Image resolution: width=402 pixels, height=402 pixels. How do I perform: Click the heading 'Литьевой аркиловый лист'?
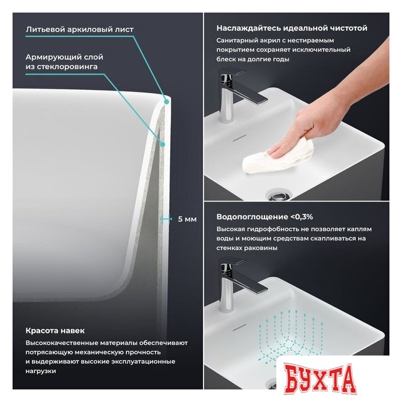(x=80, y=30)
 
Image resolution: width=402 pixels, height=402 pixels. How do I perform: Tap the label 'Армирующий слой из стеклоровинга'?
(x=64, y=62)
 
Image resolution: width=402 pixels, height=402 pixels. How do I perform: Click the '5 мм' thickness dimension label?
(x=187, y=219)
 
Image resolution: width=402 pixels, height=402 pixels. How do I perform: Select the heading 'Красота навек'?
(x=55, y=330)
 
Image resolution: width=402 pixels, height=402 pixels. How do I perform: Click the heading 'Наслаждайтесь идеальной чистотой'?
(x=291, y=28)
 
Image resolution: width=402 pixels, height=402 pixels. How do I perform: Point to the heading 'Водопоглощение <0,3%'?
(x=264, y=217)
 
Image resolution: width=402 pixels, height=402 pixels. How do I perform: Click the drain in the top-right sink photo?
(x=278, y=195)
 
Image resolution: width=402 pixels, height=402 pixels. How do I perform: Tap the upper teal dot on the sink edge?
(x=166, y=102)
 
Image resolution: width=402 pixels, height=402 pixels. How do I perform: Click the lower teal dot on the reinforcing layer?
(x=162, y=144)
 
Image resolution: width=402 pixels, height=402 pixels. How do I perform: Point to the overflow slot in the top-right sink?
(x=239, y=138)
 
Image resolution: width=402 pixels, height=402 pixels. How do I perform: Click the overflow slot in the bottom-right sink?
(x=239, y=327)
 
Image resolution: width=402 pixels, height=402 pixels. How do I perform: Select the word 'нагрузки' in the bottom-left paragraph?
(x=41, y=371)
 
